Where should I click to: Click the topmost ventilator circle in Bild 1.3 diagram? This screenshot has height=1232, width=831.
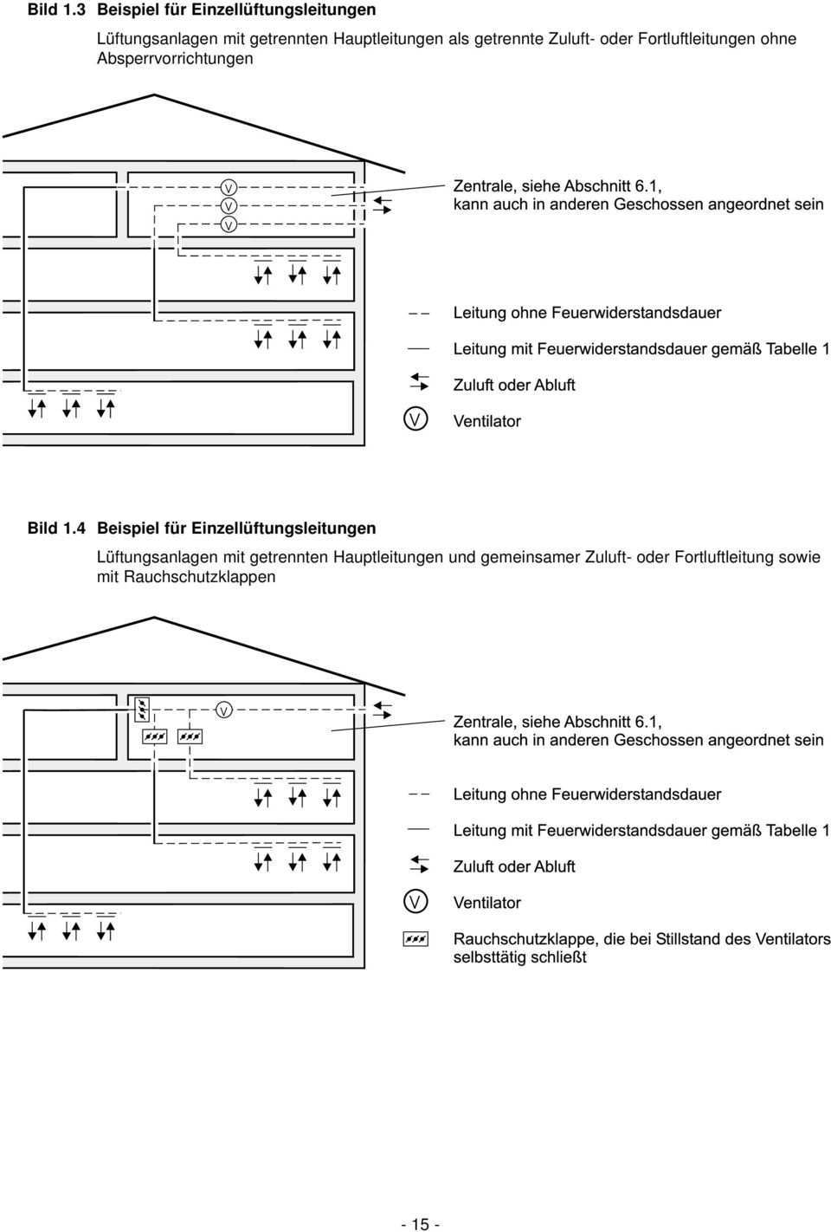pyautogui.click(x=229, y=187)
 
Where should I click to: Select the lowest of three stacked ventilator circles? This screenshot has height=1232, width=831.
pyautogui.click(x=229, y=224)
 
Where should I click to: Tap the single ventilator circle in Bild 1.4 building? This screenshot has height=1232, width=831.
pyautogui.click(x=223, y=710)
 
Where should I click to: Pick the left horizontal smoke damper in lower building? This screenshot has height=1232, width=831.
pyautogui.click(x=155, y=736)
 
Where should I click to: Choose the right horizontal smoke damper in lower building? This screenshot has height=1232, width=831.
pyautogui.click(x=190, y=736)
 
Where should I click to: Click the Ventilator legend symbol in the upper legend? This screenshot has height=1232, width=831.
pyautogui.click(x=415, y=420)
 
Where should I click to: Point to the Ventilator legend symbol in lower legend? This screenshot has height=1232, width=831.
pyautogui.click(x=415, y=901)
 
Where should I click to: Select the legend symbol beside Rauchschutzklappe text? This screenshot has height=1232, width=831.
pyautogui.click(x=415, y=938)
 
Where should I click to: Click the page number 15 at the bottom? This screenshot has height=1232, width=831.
pyautogui.click(x=421, y=1224)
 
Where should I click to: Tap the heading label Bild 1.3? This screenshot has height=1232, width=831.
pyautogui.click(x=55, y=10)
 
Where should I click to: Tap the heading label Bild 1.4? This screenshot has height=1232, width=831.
pyautogui.click(x=55, y=528)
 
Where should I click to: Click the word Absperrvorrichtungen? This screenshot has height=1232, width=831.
pyautogui.click(x=175, y=59)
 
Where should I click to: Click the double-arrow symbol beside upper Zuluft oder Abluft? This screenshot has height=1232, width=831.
pyautogui.click(x=420, y=383)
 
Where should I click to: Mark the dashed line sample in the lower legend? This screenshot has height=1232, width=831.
pyautogui.click(x=420, y=794)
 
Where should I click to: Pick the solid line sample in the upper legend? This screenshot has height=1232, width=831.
pyautogui.click(x=420, y=347)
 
